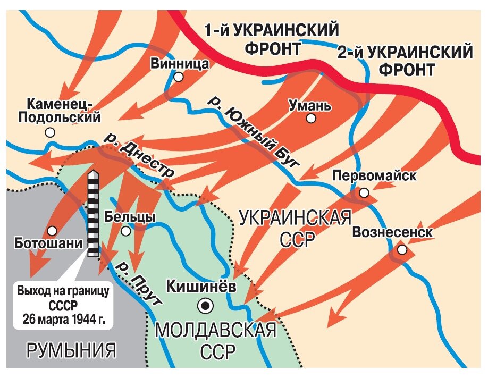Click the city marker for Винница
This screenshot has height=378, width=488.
[179, 77]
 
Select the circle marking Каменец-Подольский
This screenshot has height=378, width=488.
[50, 132]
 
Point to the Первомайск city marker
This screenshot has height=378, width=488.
[364, 192]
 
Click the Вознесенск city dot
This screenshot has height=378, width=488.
[402, 249]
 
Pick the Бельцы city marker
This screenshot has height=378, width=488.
[126, 231]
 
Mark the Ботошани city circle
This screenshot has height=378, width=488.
[52, 231]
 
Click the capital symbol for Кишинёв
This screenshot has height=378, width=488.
[205, 305]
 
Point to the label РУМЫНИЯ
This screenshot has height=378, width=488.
[71, 350]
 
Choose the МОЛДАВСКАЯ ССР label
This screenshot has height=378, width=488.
[215, 341]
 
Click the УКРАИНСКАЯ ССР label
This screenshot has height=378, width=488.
[296, 228]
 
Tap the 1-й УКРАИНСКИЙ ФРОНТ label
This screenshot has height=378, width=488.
[272, 38]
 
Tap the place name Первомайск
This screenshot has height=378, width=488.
[374, 176]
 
